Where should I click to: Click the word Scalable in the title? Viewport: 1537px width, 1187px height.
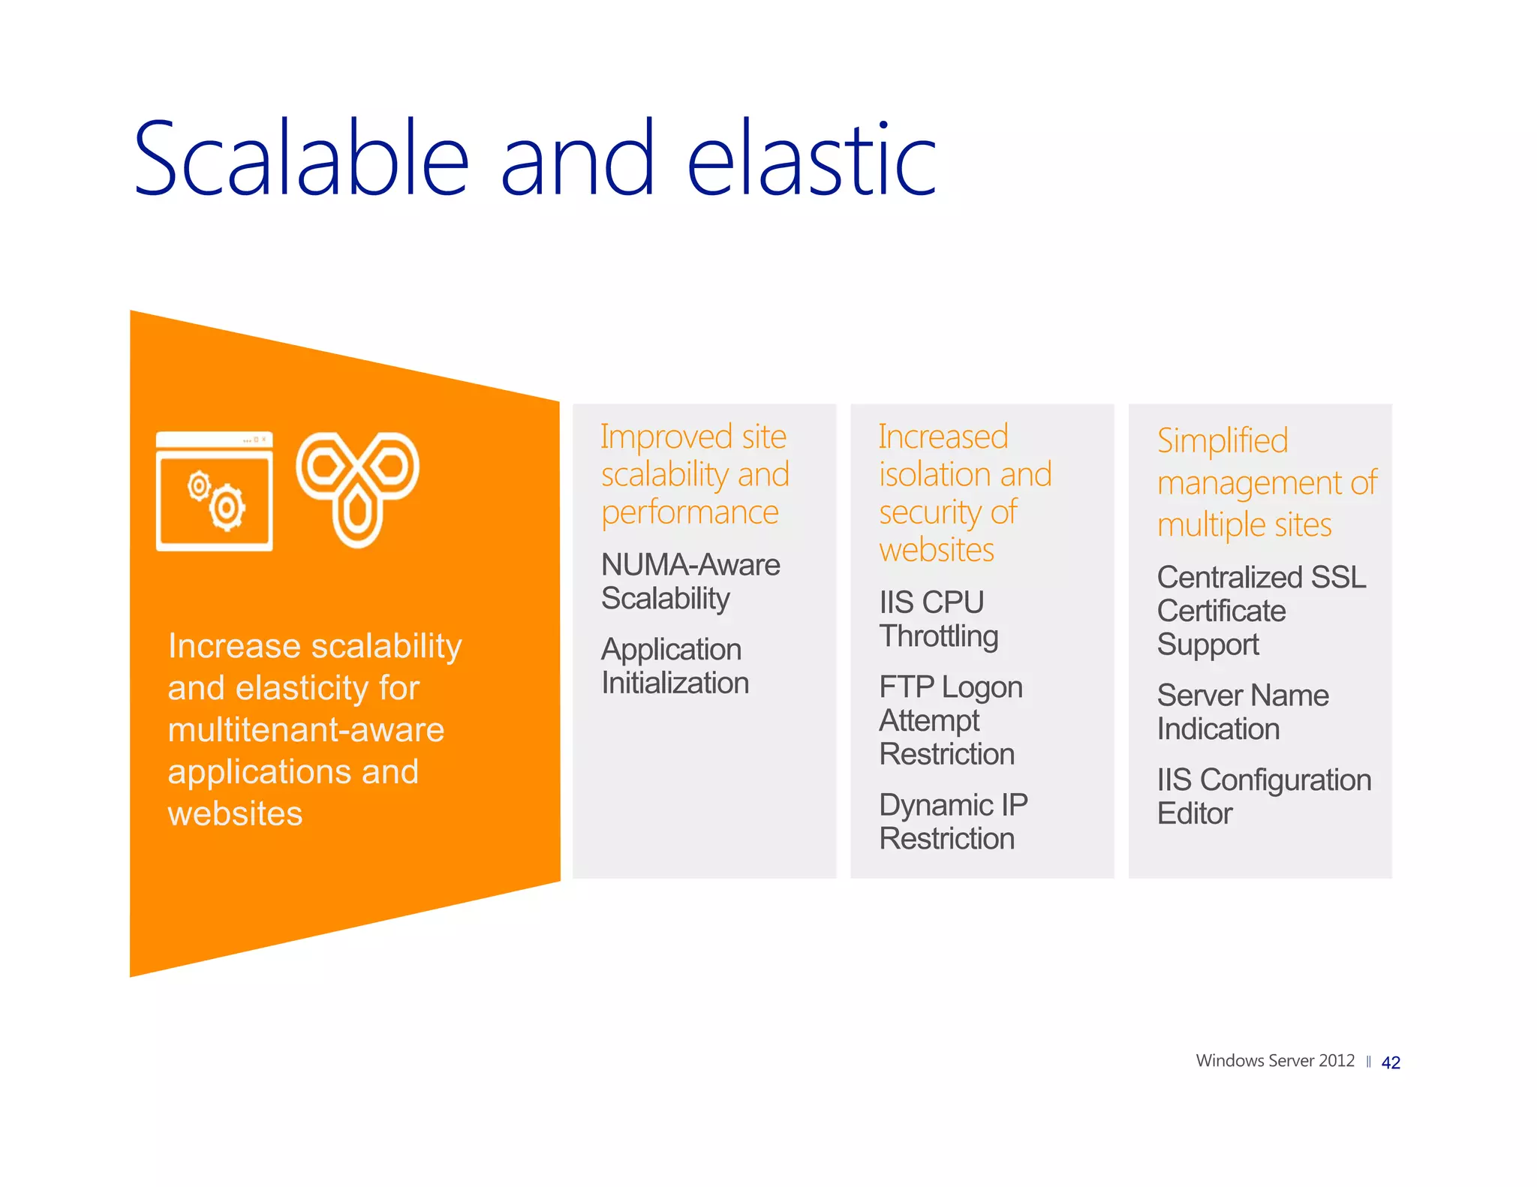click(x=300, y=159)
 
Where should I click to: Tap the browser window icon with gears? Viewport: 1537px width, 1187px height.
click(x=215, y=491)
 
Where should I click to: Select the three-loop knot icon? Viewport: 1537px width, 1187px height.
click(x=357, y=488)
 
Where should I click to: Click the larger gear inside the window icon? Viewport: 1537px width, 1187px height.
click(x=227, y=509)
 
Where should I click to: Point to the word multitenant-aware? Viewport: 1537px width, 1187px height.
click(x=305, y=730)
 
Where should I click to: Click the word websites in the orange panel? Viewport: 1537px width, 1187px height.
click(x=235, y=814)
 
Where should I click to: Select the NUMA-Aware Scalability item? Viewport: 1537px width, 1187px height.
click(x=690, y=581)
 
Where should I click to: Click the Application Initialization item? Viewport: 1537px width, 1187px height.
click(x=674, y=666)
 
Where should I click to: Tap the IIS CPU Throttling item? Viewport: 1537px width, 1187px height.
click(x=937, y=619)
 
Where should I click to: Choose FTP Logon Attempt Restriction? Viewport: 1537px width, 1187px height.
click(x=949, y=720)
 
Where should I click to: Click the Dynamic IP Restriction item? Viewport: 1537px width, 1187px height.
click(x=952, y=822)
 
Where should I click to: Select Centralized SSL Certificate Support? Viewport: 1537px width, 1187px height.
click(x=1260, y=611)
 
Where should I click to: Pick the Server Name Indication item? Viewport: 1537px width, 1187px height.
click(x=1242, y=712)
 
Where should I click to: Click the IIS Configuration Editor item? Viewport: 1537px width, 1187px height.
click(x=1263, y=796)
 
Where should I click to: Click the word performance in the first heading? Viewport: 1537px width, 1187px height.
click(x=689, y=513)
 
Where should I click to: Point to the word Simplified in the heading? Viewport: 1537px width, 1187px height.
click(x=1222, y=441)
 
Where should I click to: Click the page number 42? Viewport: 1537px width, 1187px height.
click(x=1390, y=1062)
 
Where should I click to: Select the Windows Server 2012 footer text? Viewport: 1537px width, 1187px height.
click(x=1274, y=1061)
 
